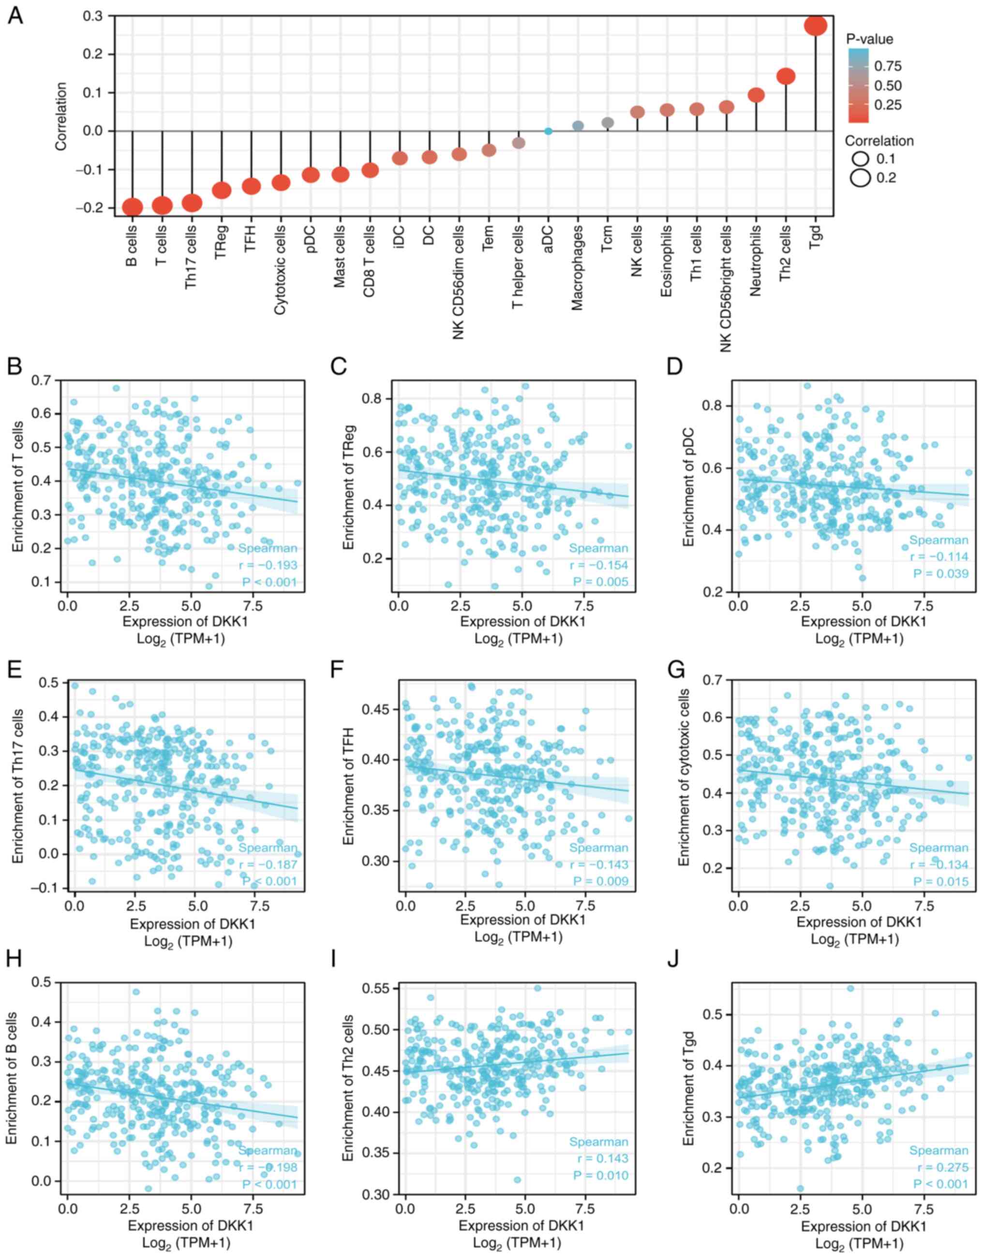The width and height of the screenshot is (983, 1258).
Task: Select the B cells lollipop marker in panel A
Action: coord(133,207)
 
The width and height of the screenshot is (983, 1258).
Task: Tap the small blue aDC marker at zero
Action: coord(548,132)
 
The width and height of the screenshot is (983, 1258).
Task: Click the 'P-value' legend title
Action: coord(869,39)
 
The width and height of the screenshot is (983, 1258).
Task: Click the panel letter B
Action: coord(15,367)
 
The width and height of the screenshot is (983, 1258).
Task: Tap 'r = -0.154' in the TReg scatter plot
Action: coord(599,565)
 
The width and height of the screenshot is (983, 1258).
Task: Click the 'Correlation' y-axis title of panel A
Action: coord(61,117)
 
